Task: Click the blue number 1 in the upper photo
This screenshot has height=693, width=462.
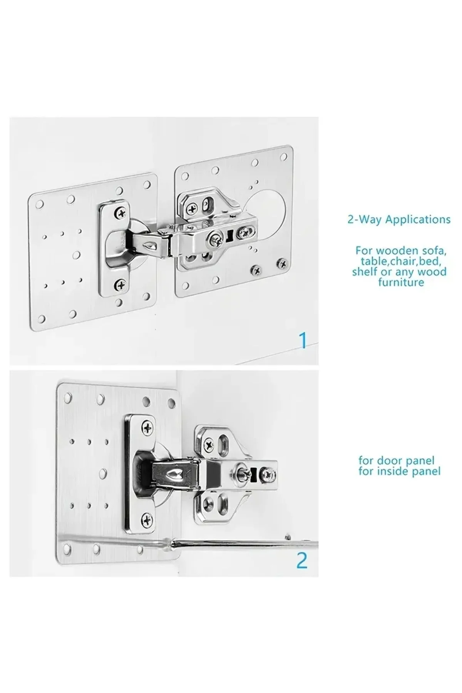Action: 303,340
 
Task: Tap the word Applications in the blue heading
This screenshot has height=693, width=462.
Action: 418,220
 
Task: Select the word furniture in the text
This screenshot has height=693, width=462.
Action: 401,282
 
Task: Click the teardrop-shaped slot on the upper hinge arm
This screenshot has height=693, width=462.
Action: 149,245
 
